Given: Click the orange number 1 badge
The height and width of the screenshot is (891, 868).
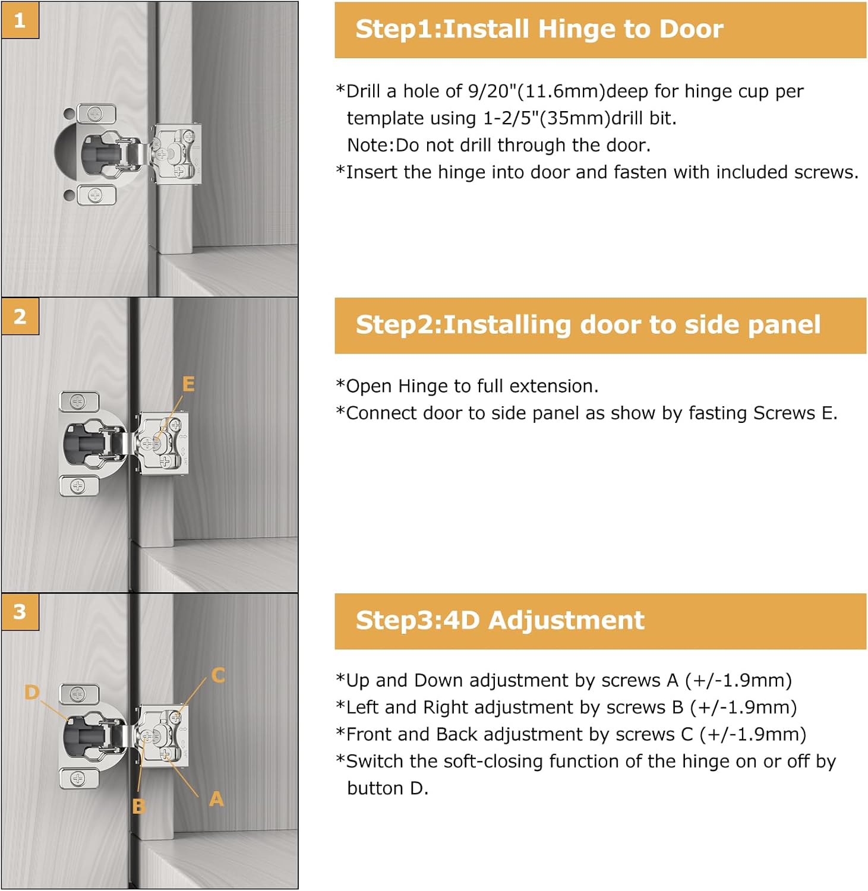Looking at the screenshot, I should (20, 20).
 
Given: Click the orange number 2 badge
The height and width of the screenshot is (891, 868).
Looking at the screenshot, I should (20, 316).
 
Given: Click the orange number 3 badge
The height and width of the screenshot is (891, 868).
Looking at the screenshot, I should (20, 611).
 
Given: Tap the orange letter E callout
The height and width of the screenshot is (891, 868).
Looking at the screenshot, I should (188, 384).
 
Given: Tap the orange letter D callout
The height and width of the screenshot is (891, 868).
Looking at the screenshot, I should (32, 692).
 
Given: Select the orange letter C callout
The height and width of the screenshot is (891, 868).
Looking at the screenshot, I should (218, 675).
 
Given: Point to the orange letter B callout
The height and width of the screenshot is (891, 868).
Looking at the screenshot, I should (138, 806).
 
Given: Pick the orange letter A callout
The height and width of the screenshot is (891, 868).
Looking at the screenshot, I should (216, 799).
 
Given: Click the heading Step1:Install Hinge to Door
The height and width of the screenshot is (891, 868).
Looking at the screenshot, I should (539, 29).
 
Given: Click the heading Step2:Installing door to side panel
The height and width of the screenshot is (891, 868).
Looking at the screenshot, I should (588, 325).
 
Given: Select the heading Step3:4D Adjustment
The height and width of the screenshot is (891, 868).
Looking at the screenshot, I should (500, 620).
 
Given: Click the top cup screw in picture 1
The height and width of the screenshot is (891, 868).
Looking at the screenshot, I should (95, 113).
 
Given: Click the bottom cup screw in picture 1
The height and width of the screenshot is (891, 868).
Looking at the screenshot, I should (95, 195).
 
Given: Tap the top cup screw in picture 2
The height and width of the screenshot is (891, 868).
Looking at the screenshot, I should (78, 402).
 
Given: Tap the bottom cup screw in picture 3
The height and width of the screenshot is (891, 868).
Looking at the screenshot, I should (78, 778).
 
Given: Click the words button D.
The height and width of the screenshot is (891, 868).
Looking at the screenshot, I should (387, 788).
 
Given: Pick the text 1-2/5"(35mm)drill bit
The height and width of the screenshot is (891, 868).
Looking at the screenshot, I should (579, 118).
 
